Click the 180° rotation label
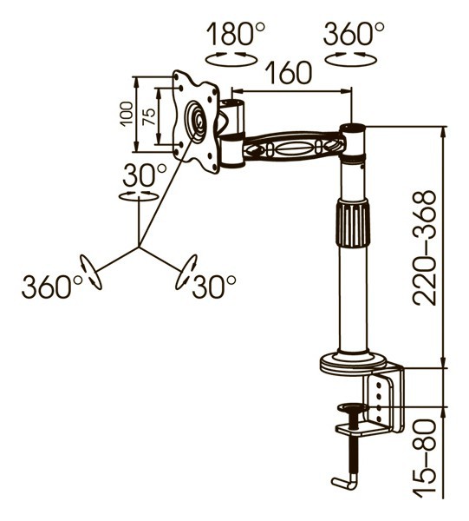coord(236,33)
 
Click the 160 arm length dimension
coord(290,72)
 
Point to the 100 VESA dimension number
coord(127,114)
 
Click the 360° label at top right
coord(354,33)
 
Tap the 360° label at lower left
coord(51,287)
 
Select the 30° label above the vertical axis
coord(144,175)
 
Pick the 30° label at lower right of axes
coord(214,287)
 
